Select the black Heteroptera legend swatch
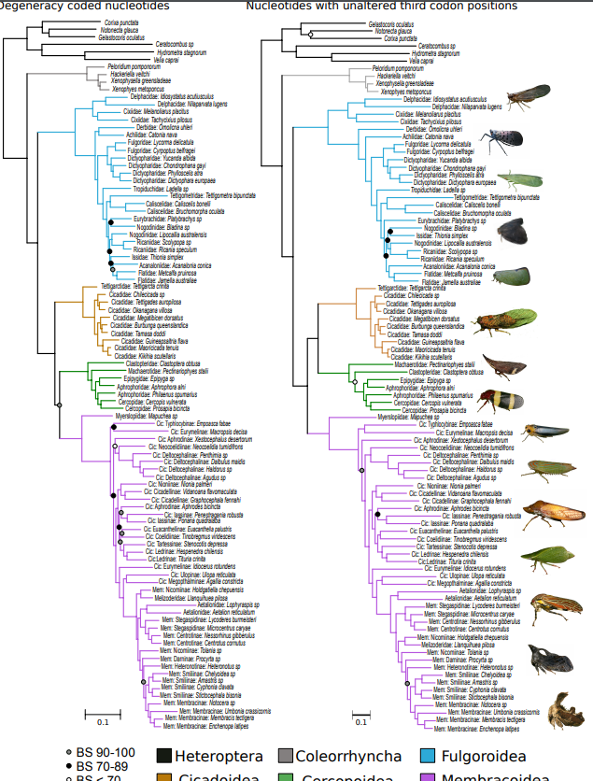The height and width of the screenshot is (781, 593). tap(164, 756)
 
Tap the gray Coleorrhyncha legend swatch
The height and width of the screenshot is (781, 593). tap(286, 756)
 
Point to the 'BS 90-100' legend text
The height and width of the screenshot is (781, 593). tap(107, 752)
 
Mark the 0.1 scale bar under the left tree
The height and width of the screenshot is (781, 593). tap(103, 715)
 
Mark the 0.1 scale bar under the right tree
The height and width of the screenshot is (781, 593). tap(361, 715)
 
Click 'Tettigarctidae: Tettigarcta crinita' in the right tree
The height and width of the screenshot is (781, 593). tap(407, 288)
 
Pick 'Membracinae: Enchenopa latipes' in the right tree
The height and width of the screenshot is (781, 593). tap(476, 727)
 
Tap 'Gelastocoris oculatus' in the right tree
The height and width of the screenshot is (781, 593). tap(391, 23)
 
